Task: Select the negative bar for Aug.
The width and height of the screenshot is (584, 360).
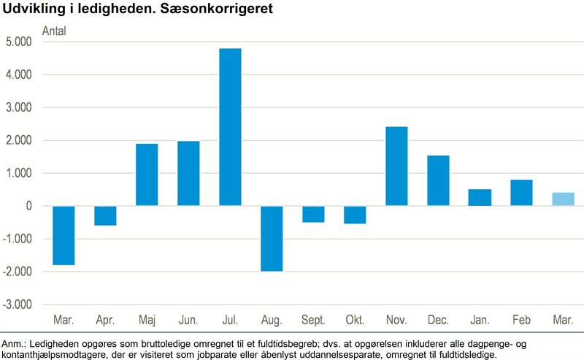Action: click(x=272, y=238)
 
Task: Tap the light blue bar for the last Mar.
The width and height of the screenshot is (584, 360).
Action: click(x=563, y=199)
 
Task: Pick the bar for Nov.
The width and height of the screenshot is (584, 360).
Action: click(x=396, y=166)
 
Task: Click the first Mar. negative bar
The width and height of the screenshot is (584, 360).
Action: click(x=64, y=235)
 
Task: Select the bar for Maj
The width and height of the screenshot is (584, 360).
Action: click(x=147, y=175)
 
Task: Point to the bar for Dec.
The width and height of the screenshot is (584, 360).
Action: click(x=438, y=180)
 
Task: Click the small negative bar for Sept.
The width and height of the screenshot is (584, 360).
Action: click(x=313, y=214)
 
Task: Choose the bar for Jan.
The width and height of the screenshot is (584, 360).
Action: click(x=480, y=197)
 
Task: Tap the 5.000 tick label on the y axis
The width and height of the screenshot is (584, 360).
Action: click(x=18, y=42)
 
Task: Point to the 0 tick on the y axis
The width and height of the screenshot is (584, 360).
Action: click(x=28, y=206)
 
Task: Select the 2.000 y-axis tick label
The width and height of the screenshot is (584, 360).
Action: click(x=18, y=140)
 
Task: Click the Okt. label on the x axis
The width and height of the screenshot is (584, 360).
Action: click(x=355, y=321)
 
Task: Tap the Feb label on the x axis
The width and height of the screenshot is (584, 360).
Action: click(x=521, y=321)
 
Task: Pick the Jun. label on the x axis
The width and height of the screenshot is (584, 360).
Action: click(x=188, y=321)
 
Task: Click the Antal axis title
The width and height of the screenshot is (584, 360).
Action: click(x=55, y=31)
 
